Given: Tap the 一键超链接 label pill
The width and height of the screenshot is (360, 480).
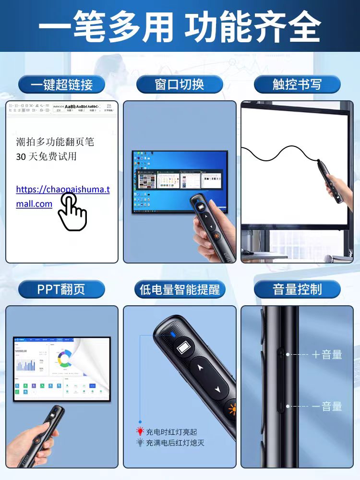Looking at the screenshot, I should coord(61,84).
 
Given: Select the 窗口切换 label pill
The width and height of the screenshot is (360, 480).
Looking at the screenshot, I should coord(180,84).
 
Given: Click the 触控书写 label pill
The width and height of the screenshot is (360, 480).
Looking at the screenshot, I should coord(297,84).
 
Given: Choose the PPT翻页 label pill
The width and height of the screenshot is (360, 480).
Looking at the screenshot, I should coord(61,289).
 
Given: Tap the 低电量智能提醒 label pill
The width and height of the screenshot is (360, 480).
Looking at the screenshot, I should coord(180,289).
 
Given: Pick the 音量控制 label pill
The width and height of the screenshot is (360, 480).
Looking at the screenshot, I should coord(297,289).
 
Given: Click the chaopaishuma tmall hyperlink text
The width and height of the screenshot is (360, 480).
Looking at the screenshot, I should coord(62,196).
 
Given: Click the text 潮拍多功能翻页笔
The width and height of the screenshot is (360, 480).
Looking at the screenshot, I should coord(55,142).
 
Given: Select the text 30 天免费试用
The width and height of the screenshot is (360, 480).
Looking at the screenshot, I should coord(46,156).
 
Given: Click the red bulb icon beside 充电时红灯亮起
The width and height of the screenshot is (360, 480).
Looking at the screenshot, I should coord(140,432).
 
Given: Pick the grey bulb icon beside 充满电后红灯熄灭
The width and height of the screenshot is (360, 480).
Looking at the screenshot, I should coord(140,443).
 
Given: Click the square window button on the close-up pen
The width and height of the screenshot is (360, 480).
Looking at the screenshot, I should coord(183,347).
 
